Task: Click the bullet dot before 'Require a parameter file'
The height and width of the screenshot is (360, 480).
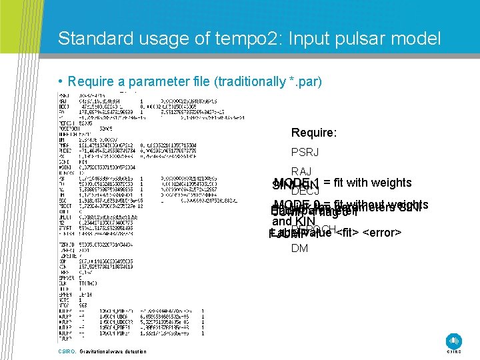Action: point(61,82)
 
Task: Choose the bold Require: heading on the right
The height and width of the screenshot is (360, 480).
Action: point(313,133)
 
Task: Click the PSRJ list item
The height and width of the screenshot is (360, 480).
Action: point(305,152)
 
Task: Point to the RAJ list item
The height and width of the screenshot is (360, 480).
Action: point(302,172)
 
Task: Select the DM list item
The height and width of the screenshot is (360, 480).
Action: point(299,249)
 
